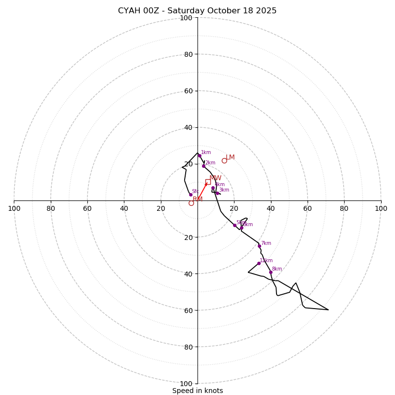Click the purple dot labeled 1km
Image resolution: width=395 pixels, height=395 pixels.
point(199,156)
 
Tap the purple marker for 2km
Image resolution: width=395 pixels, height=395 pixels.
point(203,166)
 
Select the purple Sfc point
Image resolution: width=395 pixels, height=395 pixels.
point(191,195)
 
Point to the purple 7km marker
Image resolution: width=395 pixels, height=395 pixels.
point(259,246)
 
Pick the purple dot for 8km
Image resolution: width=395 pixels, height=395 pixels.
point(271,272)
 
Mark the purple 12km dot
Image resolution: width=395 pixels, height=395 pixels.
point(259,263)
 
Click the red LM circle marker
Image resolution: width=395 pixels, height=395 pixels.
point(224,160)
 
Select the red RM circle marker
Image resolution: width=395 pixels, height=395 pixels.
point(191,203)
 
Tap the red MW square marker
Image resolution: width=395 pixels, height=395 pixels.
point(208,182)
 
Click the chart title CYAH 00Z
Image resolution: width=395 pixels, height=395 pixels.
point(197,11)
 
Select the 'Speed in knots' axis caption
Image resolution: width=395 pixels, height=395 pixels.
point(197,391)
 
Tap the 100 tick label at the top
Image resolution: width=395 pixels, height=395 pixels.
point(186,18)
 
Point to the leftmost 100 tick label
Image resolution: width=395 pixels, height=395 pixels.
point(14,208)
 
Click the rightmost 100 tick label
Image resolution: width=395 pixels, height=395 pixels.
point(381,208)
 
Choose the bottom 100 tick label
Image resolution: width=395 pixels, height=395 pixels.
point(186,384)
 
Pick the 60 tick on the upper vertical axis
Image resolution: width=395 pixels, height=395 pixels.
point(188,91)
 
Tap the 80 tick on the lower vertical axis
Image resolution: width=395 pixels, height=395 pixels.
point(188,347)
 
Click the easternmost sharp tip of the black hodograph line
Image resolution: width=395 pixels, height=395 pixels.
point(328,310)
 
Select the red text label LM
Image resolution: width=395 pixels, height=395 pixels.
point(231,158)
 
